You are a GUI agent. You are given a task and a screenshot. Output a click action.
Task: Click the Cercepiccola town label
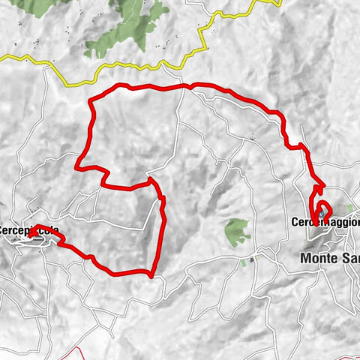[28, 230]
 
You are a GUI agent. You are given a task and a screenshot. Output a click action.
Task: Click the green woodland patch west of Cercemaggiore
[238, 231]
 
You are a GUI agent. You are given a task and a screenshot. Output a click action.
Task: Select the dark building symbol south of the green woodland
[252, 259]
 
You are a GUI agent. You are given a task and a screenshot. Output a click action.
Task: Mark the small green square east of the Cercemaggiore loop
[350, 208]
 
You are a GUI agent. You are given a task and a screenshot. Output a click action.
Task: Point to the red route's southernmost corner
[151, 274]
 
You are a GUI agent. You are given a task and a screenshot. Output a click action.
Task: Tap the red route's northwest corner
[91, 100]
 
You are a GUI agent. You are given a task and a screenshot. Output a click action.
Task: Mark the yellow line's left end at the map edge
[2, 56]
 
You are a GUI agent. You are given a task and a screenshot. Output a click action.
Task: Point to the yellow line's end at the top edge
[278, 2]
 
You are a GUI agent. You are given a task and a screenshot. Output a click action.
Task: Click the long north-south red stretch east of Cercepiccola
[160, 232]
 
